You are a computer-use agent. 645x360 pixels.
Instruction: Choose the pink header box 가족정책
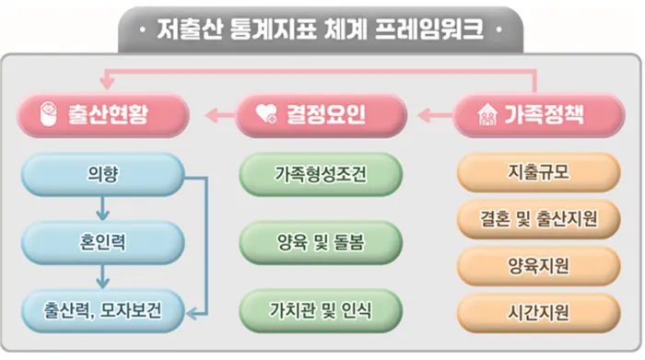[x=538, y=115]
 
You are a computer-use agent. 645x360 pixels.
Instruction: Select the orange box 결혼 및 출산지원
[x=538, y=219]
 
